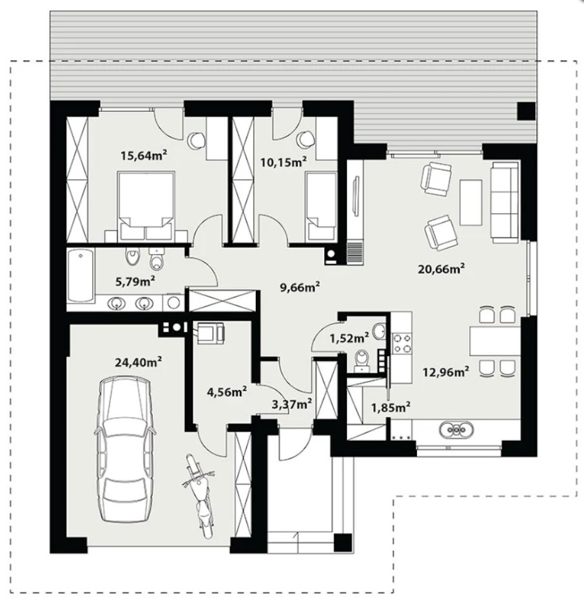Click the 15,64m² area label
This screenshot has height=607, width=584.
tap(144, 156)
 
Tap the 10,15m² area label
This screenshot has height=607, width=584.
tap(284, 162)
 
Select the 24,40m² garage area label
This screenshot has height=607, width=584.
tap(138, 362)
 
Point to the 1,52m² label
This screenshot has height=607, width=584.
tap(349, 339)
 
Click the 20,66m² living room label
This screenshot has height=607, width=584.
tap(442, 268)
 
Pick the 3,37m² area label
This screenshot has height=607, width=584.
tap(292, 404)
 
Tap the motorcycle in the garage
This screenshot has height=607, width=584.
tap(199, 496)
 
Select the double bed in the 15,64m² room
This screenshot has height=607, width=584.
tap(146, 206)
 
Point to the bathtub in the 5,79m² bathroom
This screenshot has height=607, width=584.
tap(81, 275)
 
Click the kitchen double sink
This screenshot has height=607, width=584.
tap(456, 429)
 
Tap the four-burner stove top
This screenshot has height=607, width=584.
tap(402, 343)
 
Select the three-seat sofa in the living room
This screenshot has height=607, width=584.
tap(505, 203)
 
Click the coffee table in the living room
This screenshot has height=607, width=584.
tap(471, 202)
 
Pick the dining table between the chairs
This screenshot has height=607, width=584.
tap(494, 341)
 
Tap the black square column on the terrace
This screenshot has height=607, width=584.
tap(527, 111)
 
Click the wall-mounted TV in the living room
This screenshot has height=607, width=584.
tap(356, 195)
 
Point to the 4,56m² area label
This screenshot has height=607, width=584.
tap(228, 392)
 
